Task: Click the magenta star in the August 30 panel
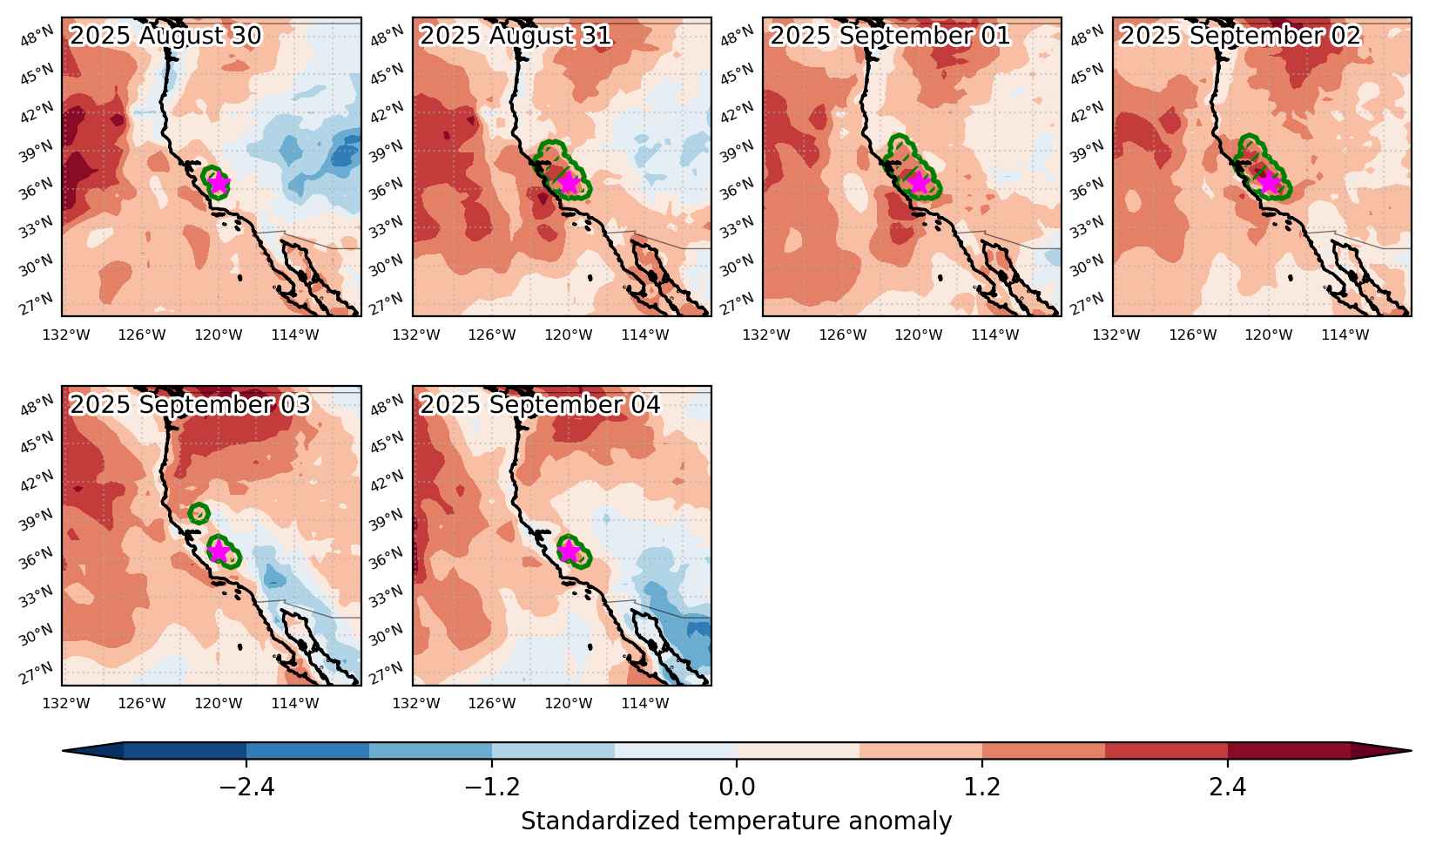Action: coord(219,183)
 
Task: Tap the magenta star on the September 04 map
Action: coord(569,550)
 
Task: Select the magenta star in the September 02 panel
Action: coord(1269,183)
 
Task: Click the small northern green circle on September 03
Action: coord(199,513)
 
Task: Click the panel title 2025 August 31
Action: coord(516,36)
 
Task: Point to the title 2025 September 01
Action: coord(889,36)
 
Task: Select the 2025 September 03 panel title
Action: coord(190,404)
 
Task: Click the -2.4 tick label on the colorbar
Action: coord(247,787)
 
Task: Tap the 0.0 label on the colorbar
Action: coord(737,787)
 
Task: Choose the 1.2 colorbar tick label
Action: coord(981,787)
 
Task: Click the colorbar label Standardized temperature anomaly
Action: coord(736,821)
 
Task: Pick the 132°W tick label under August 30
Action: coord(66,335)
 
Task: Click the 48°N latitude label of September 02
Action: coord(1087,36)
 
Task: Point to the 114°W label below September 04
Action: coord(645,703)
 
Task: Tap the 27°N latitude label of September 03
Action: coord(37,673)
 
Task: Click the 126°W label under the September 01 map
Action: coord(843,335)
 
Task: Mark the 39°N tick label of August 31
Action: coord(387,152)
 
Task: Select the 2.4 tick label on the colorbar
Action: coord(1228,787)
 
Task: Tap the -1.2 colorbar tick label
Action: coord(492,787)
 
